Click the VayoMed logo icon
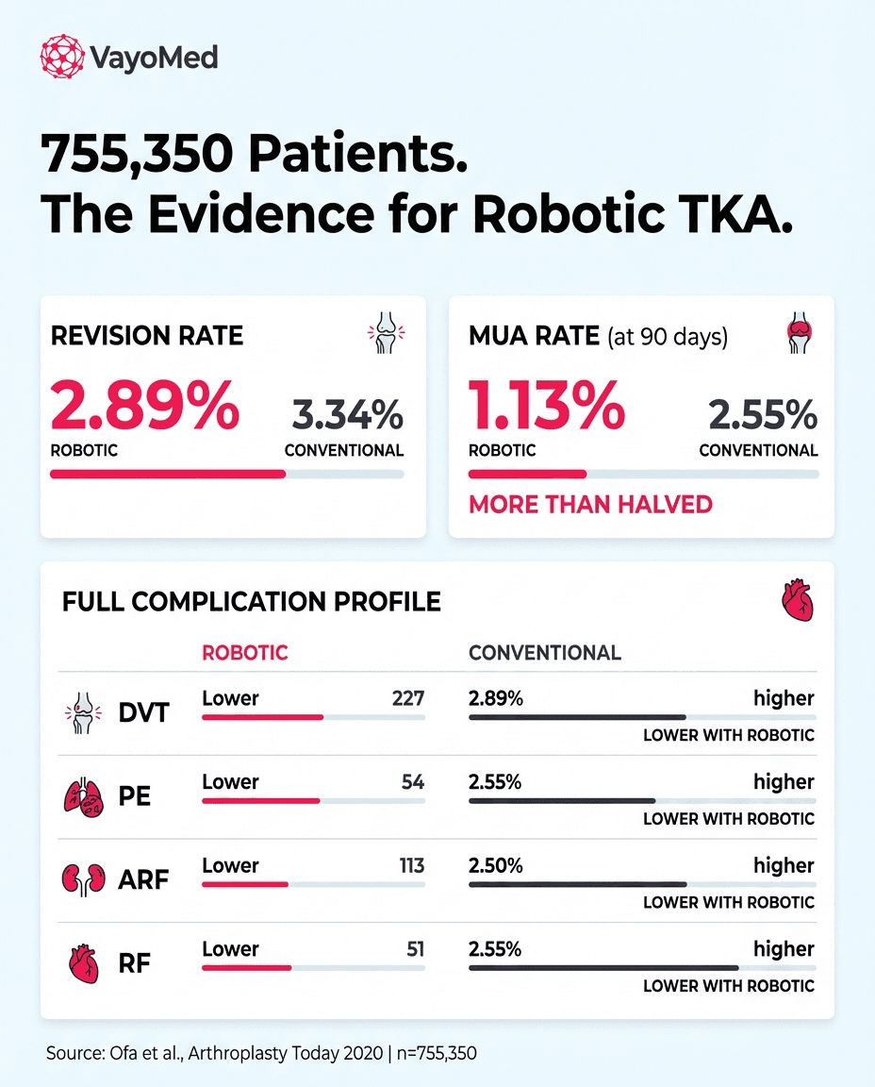(x=62, y=57)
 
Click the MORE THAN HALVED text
(x=590, y=504)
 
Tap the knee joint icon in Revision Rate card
(x=384, y=335)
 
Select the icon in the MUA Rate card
(x=799, y=335)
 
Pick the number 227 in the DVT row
(x=408, y=699)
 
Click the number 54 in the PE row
(x=413, y=782)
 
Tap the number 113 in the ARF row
(x=411, y=866)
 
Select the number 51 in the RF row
(x=415, y=949)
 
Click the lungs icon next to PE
(x=82, y=797)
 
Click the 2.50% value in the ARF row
(x=496, y=866)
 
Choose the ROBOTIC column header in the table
(x=245, y=653)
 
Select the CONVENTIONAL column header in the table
(x=545, y=653)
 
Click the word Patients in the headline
(x=359, y=152)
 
